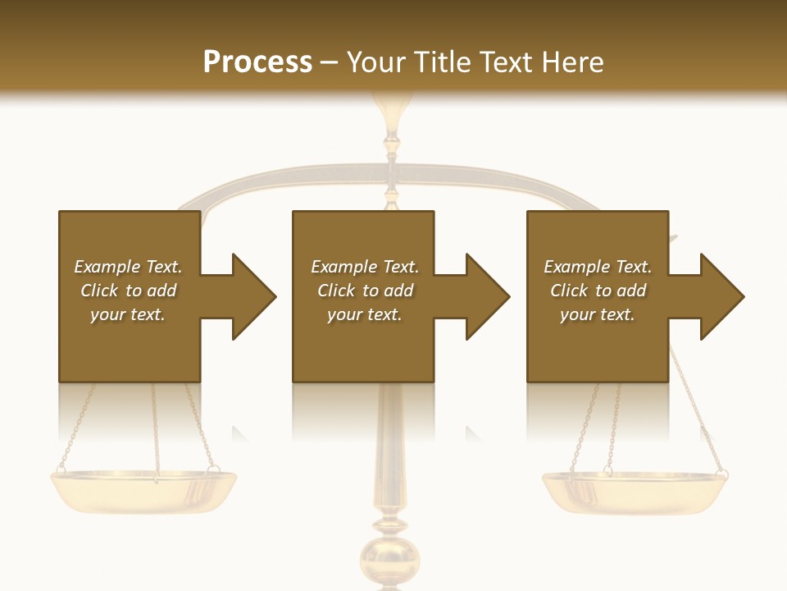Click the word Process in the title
click(x=257, y=62)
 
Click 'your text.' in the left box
click(x=128, y=314)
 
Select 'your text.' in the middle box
click(x=364, y=314)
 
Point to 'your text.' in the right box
click(x=597, y=314)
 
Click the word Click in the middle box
click(x=336, y=291)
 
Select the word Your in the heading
click(x=377, y=62)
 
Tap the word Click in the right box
click(x=569, y=291)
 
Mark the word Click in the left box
click(x=99, y=291)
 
